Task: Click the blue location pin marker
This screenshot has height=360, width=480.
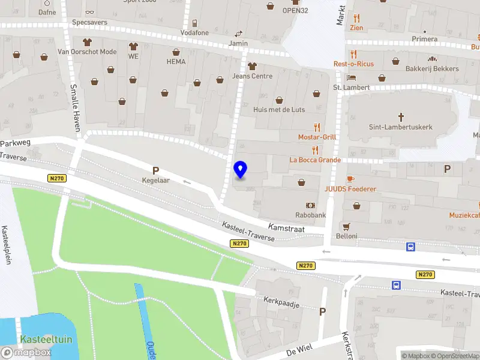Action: point(241,170)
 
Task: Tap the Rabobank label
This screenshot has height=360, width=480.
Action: point(310,215)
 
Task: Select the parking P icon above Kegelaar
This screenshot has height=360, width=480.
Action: point(155,170)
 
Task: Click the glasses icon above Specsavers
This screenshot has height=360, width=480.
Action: point(90,11)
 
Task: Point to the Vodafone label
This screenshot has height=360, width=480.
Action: point(194,32)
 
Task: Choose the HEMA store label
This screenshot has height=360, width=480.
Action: point(176,61)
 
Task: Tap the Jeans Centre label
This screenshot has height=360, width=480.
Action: point(252,76)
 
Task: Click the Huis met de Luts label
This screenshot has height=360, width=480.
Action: point(279,110)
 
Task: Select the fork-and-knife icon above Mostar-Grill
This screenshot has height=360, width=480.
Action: point(317,127)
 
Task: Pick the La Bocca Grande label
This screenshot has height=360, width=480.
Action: point(315,160)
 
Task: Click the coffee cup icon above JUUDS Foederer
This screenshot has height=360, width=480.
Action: point(350,179)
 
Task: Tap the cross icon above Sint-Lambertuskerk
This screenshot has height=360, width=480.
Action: point(400,117)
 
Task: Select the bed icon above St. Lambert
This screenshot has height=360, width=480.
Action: point(352,78)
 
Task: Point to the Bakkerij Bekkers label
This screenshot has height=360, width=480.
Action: point(431,69)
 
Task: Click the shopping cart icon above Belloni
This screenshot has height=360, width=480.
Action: point(346,226)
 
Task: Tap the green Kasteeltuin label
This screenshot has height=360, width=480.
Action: point(46,340)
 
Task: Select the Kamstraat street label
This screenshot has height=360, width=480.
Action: point(286,229)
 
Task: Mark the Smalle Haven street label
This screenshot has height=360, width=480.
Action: point(75,99)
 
